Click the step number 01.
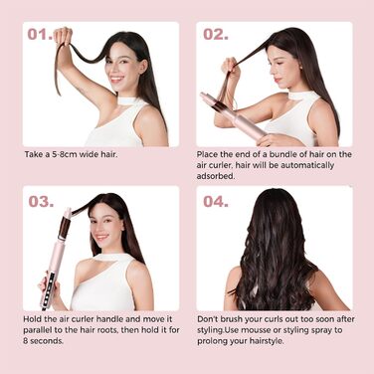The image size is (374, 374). (x=39, y=35)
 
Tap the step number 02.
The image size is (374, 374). (x=216, y=35)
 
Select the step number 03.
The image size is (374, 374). (x=40, y=201)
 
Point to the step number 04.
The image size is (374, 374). (x=216, y=201)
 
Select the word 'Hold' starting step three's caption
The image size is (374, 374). (x=33, y=320)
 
